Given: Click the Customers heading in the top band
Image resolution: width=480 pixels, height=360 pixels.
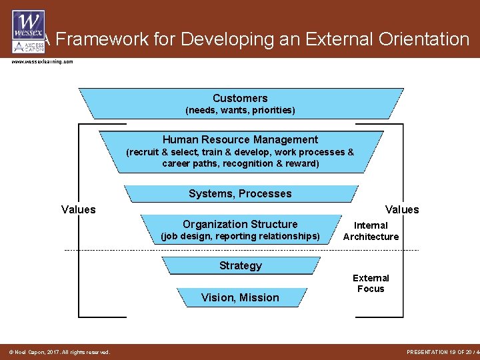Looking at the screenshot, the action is pos(240,98).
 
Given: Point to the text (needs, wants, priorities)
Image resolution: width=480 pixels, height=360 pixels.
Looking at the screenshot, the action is pos(240,110).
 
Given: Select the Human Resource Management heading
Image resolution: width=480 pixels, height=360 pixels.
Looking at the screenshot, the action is pos(240,139).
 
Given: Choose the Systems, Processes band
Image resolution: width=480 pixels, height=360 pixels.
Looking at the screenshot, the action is pos(240,193).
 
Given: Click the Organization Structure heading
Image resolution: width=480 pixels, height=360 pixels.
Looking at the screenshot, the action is pos(240,224).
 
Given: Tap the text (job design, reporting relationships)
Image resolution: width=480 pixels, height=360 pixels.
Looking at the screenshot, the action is pos(240,236).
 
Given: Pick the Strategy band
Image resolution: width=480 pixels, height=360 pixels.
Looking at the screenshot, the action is pos(241,265).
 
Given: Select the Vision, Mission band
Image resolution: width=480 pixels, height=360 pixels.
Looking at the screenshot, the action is pos(240,297).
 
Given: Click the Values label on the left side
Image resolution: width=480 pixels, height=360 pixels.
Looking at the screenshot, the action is pos(79,209).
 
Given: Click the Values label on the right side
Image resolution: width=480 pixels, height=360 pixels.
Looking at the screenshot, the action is pos(402,209).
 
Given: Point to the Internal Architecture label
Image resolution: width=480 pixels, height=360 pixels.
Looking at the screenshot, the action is pos(371,231).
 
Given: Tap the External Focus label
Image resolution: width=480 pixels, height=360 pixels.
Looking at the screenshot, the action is pos(371,283).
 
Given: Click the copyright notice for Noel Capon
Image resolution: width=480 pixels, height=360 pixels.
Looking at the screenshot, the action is pos(59,352).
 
